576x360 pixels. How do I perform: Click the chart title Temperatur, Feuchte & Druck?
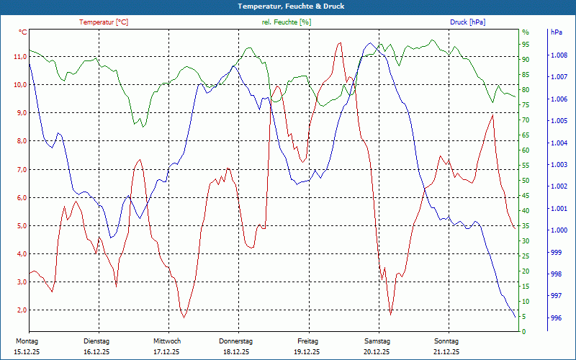click(x=288, y=6)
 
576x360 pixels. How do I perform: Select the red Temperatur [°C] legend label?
click(x=104, y=22)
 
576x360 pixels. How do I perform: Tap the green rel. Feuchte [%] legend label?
click(x=287, y=22)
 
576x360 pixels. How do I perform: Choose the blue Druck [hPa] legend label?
click(x=467, y=22)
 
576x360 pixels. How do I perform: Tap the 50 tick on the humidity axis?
click(x=526, y=181)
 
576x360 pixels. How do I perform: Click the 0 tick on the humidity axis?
click(x=524, y=332)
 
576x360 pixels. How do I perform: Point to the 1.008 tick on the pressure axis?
click(x=559, y=55)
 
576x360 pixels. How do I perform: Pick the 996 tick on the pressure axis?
click(x=556, y=318)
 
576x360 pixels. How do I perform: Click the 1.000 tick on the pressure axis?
click(x=559, y=230)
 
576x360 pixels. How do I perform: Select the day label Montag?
click(x=27, y=341)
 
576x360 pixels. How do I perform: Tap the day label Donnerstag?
click(x=236, y=341)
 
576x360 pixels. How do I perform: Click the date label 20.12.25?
click(x=377, y=352)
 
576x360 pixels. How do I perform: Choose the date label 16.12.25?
click(x=96, y=352)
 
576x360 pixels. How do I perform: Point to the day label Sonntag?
click(x=446, y=341)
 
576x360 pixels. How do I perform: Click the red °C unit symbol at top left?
click(x=23, y=32)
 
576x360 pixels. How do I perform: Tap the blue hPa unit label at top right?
click(x=556, y=32)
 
